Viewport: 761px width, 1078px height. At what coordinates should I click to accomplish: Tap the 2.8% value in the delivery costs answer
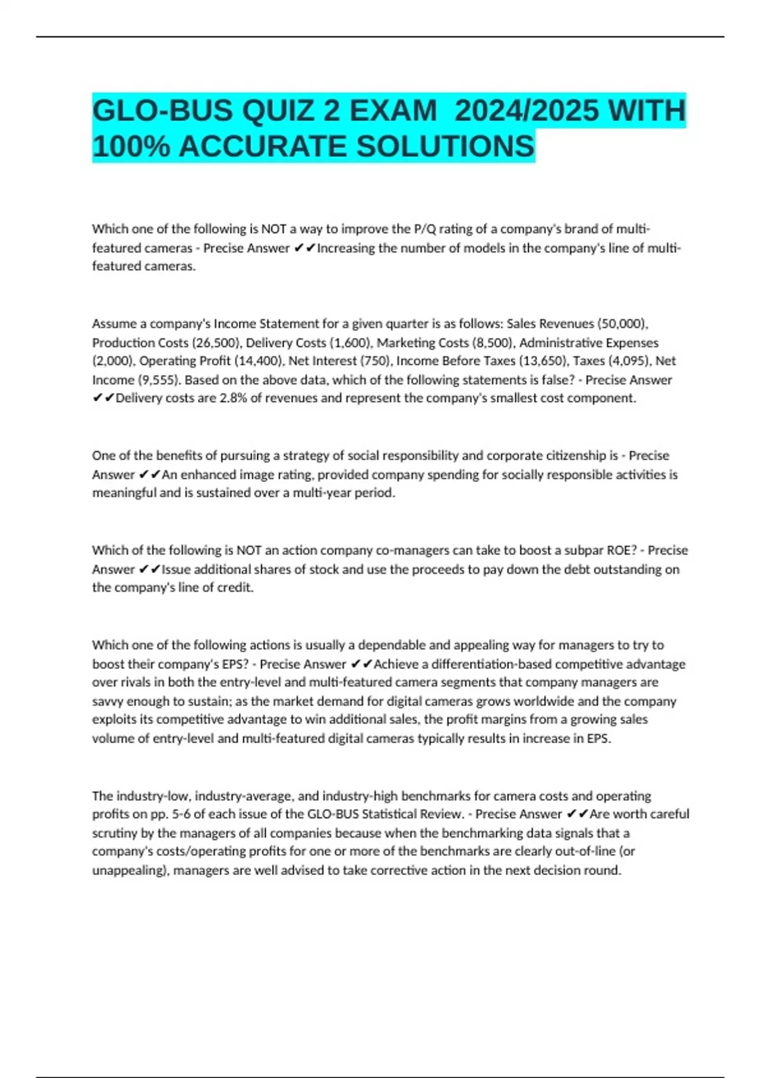click(232, 398)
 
